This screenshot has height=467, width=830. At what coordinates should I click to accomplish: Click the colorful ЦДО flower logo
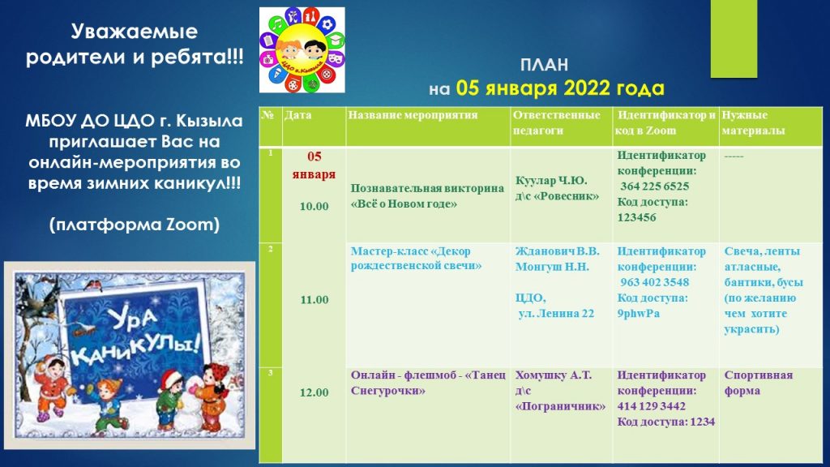click(302, 49)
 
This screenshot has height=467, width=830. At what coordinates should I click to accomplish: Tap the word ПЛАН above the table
click(544, 65)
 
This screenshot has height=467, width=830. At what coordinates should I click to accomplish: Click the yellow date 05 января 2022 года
click(560, 88)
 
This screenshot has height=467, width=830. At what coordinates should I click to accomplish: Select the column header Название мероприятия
click(413, 115)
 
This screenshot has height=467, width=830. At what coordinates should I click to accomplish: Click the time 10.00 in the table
click(314, 207)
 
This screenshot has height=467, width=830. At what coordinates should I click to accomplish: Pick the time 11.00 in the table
click(314, 300)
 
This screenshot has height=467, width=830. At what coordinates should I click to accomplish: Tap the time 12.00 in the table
click(314, 392)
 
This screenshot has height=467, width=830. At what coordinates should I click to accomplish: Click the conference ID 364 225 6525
click(655, 186)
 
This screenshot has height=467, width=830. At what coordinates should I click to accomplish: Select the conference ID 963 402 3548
click(655, 282)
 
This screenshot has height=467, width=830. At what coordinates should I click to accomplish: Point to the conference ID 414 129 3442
click(651, 406)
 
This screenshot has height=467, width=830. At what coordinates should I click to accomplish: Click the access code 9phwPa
click(639, 314)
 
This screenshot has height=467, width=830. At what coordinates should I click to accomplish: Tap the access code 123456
click(637, 217)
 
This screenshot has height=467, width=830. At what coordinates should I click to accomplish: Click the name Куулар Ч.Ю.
click(551, 181)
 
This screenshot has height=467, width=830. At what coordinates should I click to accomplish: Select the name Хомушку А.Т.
click(553, 375)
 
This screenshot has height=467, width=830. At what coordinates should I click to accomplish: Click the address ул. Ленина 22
click(556, 314)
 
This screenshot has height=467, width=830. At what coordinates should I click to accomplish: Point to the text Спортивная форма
click(759, 383)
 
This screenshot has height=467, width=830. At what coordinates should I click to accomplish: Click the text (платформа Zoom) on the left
click(135, 225)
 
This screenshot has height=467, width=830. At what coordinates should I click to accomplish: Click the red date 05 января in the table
click(314, 165)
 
